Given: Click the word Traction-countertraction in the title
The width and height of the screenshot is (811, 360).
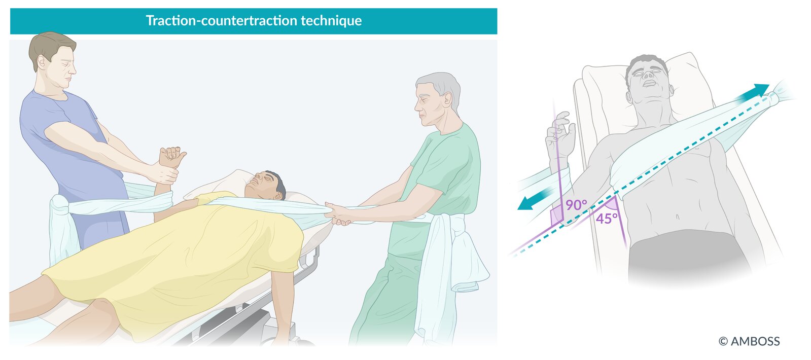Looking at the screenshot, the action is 222,21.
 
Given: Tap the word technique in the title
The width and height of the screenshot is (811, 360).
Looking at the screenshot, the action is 331,21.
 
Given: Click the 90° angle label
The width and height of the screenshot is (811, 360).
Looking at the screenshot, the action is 576,205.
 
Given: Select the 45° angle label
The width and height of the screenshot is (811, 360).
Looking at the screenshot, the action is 607,219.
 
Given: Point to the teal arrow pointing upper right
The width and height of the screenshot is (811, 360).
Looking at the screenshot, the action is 753,93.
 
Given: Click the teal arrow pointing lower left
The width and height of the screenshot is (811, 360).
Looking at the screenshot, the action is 535,199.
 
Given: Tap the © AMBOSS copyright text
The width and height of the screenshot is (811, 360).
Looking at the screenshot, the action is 749,341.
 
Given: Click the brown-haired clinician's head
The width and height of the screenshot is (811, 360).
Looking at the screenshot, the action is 54,60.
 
